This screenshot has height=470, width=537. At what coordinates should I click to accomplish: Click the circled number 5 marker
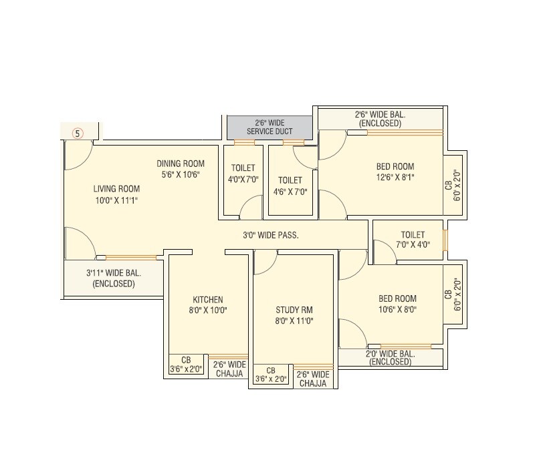(x=78, y=133)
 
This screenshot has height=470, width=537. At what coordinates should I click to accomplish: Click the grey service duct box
(x=270, y=126)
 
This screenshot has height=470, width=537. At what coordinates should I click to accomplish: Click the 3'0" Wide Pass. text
(x=270, y=235)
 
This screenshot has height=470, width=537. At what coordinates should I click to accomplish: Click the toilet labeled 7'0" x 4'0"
(x=413, y=240)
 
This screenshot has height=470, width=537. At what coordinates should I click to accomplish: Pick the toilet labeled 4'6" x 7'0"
(x=290, y=186)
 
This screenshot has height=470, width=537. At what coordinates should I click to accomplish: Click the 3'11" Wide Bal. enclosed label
(x=114, y=278)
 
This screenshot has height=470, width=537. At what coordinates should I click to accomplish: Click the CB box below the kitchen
(x=187, y=365)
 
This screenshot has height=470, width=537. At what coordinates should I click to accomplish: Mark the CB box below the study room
(x=271, y=375)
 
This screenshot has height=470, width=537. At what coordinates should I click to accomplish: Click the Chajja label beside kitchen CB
(x=229, y=369)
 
